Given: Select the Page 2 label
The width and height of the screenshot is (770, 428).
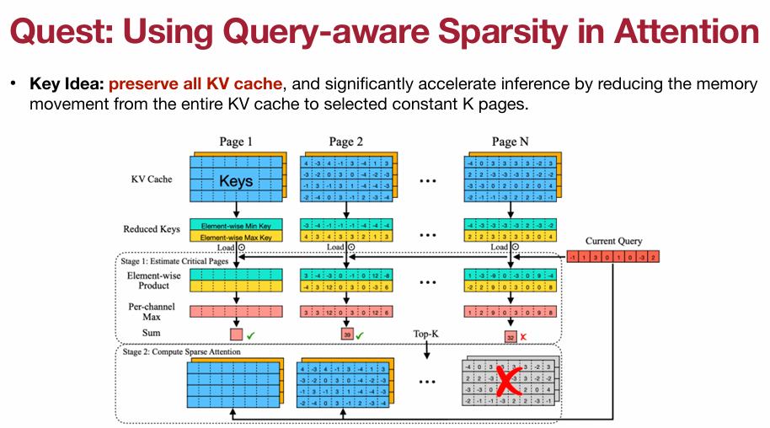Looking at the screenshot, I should point(345,141).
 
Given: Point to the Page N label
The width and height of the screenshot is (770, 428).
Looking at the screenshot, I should point(511,141).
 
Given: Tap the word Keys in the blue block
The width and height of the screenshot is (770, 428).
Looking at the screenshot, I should point(236,180).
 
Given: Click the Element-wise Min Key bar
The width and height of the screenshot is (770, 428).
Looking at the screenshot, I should point(236,225).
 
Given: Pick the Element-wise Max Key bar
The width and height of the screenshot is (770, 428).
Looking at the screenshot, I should point(236,238).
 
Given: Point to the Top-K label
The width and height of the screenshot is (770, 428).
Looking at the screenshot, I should point(427,334).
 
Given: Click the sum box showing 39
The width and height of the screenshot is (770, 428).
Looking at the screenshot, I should point(345,334).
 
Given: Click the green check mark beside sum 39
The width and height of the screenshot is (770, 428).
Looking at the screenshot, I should point(361,334).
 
